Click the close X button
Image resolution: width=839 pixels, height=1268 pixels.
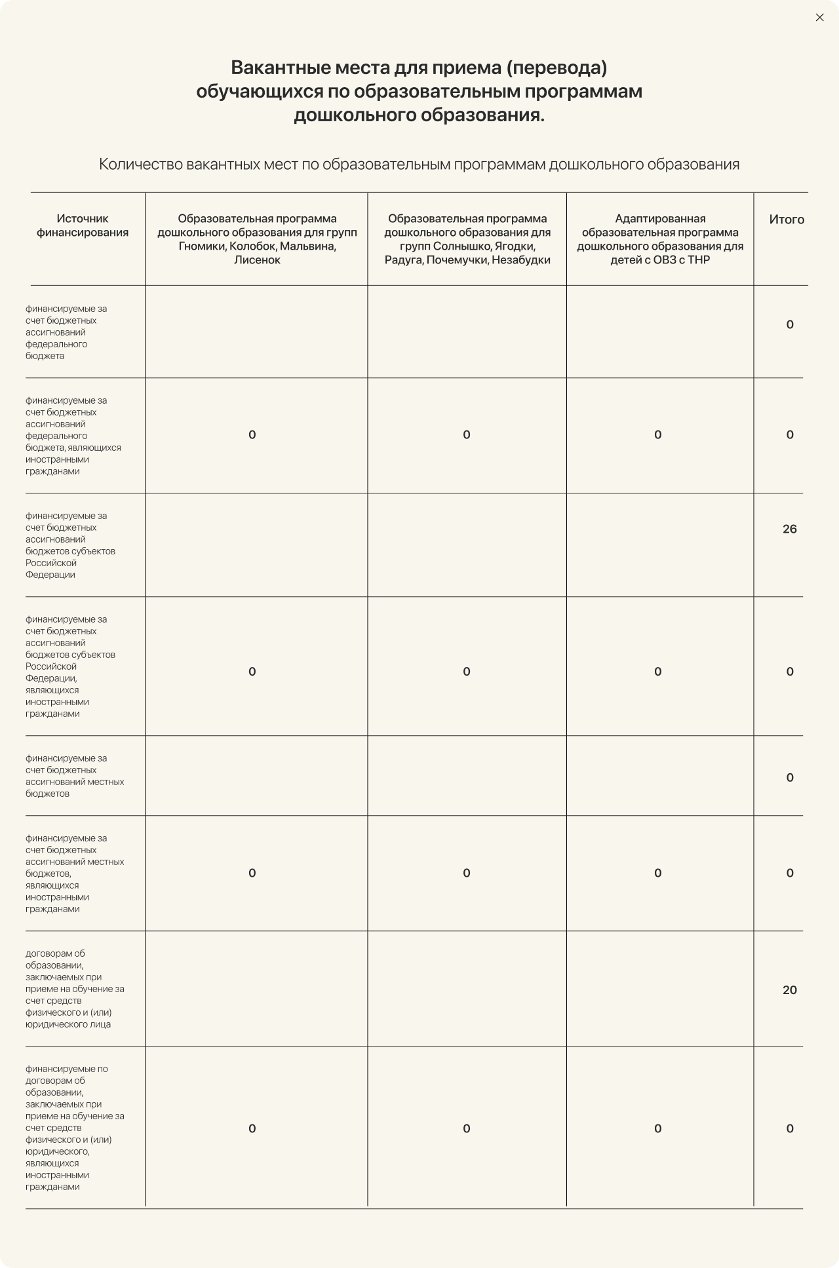pos(819,18)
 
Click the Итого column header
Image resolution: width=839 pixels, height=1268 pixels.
pos(787,220)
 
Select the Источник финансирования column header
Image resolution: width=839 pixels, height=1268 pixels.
pos(83,225)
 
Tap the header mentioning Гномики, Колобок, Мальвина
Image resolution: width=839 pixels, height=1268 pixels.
pos(257,239)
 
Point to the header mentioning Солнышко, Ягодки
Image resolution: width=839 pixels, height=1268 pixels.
pos(467,239)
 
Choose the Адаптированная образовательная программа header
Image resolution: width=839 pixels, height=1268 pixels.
pos(660,239)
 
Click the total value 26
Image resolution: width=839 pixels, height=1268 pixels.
pos(789,529)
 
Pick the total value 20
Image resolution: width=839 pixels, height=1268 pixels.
pos(789,989)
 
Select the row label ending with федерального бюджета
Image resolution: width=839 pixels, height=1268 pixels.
pos(66,332)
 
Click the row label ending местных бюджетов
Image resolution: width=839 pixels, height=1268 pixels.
pos(74,776)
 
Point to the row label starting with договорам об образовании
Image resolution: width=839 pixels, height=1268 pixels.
pos(74,989)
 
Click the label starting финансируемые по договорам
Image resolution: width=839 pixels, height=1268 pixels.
pos(74,1127)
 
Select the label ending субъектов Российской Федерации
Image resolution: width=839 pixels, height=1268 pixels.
pos(70,545)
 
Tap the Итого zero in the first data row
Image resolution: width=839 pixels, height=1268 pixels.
pos(790,324)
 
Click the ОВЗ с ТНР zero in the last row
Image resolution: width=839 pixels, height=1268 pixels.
pos(657,1128)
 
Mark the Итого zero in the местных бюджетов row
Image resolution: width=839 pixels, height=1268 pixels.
pos(790,778)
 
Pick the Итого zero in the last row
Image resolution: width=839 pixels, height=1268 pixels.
pos(790,1128)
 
